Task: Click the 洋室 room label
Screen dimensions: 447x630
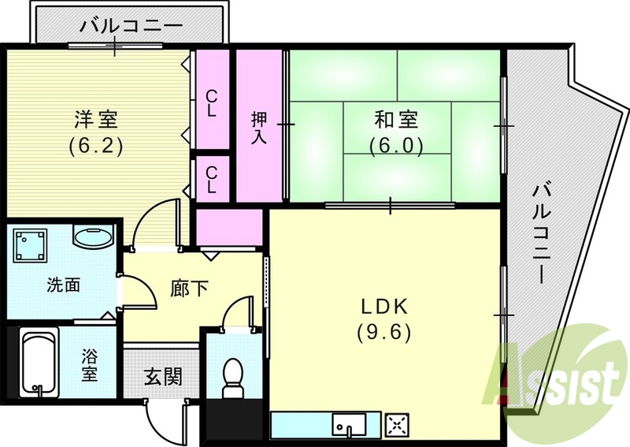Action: tap(96, 121)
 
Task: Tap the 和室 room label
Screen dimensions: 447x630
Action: tap(396, 121)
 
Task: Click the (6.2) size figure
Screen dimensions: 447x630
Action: tap(96, 146)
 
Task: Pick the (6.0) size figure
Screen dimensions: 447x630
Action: tap(396, 145)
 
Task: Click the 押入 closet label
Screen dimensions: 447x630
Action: tap(259, 128)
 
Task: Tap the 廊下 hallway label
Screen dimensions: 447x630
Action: tap(190, 289)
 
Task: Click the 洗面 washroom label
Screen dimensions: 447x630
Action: tap(63, 285)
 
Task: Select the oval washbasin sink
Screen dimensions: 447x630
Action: tap(93, 237)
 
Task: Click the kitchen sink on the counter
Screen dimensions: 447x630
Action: tap(346, 427)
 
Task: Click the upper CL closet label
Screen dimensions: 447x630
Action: tap(211, 102)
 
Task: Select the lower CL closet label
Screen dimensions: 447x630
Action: tap(211, 178)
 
